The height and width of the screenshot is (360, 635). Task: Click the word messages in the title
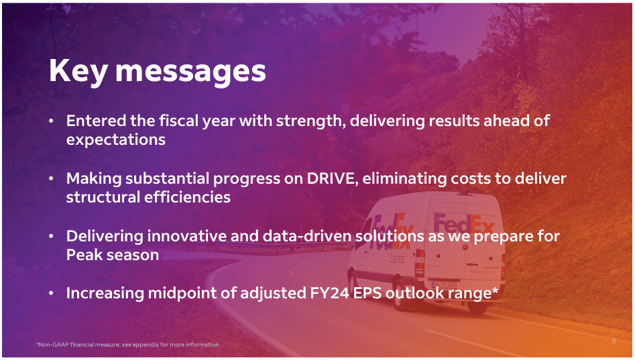click(x=190, y=73)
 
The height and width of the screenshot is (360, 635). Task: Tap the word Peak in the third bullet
click(x=83, y=255)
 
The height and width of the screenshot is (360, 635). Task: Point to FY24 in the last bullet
click(x=329, y=293)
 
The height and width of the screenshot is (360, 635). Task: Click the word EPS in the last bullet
click(x=367, y=293)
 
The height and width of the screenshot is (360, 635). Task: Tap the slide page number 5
click(x=614, y=341)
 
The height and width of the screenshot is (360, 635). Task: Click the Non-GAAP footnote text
click(x=127, y=345)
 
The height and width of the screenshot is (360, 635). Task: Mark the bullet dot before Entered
click(x=51, y=121)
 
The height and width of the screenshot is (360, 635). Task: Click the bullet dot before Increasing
click(x=51, y=293)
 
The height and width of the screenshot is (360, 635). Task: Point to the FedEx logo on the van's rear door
click(x=464, y=225)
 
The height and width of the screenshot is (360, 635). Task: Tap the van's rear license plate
click(x=445, y=285)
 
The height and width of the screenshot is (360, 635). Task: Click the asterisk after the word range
click(x=495, y=290)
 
